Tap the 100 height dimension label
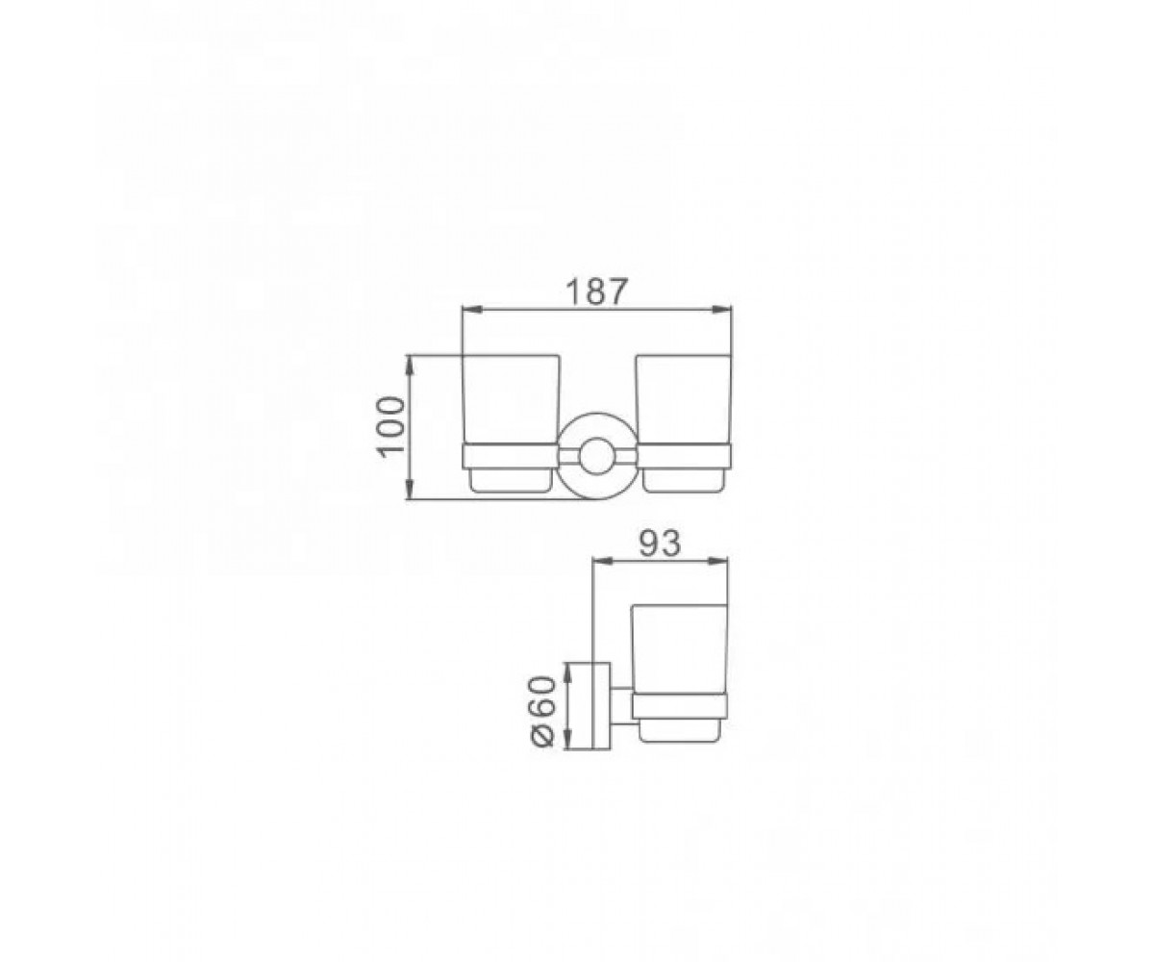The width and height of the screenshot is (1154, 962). tap(392, 425)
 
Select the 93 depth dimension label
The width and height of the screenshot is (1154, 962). tap(660, 544)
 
